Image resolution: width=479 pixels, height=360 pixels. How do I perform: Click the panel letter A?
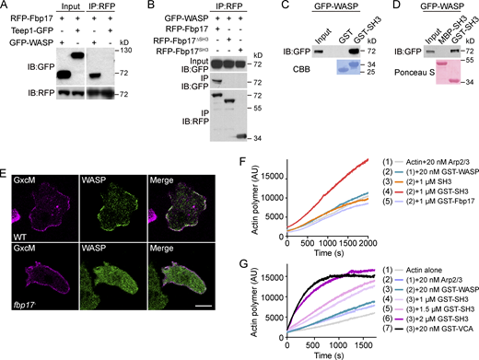point(5,6)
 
